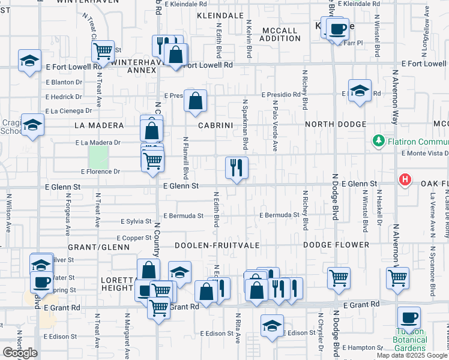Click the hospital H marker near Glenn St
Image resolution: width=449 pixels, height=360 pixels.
(x=406, y=179)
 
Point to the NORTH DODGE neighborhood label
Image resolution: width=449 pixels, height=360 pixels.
(x=336, y=124)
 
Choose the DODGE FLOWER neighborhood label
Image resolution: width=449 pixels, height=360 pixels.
(x=336, y=245)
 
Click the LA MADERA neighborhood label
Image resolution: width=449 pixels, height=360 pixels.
(x=98, y=125)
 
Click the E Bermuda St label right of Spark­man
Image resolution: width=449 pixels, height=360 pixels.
(x=279, y=215)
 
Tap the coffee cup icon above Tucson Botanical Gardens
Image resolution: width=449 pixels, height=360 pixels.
(x=409, y=317)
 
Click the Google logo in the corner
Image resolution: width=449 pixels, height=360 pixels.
(x=20, y=353)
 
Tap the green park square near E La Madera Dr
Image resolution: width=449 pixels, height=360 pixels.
(x=98, y=157)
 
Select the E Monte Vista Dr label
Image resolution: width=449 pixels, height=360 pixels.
(x=424, y=154)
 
